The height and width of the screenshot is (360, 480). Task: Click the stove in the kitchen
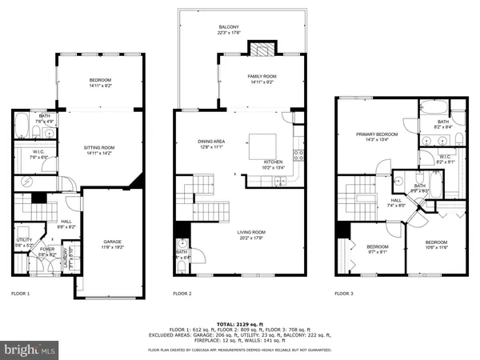click(x=298, y=154)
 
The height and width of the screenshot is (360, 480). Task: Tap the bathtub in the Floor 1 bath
click(x=22, y=126)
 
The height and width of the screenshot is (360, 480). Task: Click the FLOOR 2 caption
click(x=183, y=294)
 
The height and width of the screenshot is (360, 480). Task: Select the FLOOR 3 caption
click(x=346, y=294)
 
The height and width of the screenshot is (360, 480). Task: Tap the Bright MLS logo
click(x=30, y=349)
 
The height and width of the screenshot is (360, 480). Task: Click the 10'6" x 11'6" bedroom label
click(x=436, y=245)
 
